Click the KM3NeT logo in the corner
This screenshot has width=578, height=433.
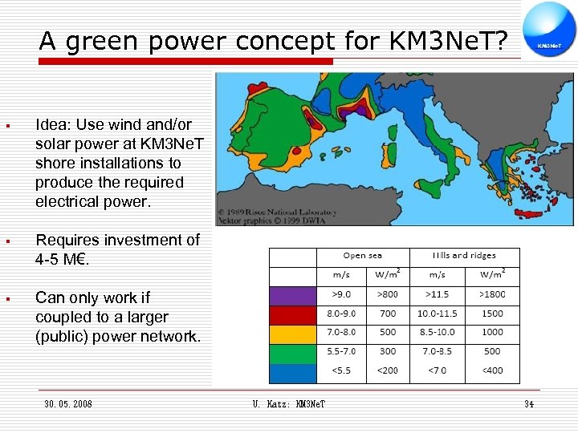pos(548,30)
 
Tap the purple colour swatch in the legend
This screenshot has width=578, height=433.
pos(293,295)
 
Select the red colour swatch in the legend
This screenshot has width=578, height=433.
pos(293,314)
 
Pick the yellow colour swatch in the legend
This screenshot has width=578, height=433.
pos(293,332)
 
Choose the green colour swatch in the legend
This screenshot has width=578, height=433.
pos(293,351)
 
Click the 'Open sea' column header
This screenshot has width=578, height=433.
pos(363,257)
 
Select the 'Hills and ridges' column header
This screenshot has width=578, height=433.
pos(464,257)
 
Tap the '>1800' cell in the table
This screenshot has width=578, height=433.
pos(492,295)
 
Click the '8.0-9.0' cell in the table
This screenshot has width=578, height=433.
pos(341,314)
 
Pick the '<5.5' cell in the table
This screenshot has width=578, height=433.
pos(341,370)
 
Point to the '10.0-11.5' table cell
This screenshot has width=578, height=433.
pos(437,314)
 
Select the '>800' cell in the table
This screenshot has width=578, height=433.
pos(388,295)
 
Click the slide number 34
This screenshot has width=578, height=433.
pos(528,404)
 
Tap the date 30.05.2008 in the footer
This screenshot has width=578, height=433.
pos(68,404)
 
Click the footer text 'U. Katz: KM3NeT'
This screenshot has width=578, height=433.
pos(288,404)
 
